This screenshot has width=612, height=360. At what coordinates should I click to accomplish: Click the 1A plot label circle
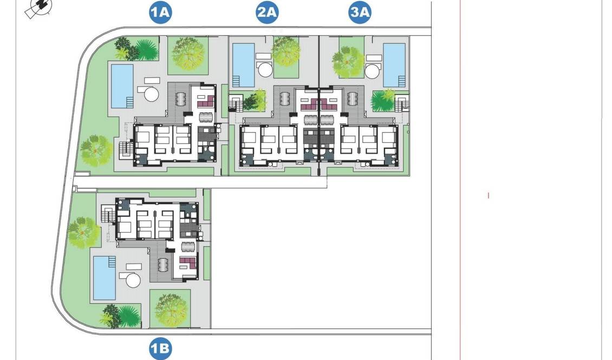160,13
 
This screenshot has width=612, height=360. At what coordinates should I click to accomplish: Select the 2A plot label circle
267,13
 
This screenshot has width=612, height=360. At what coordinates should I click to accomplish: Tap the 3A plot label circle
360,13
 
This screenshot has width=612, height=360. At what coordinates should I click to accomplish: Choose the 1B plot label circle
160,349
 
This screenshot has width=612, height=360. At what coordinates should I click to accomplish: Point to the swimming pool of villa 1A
122,86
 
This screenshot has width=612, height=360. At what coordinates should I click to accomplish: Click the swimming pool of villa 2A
243,65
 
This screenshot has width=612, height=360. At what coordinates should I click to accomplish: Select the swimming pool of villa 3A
394,65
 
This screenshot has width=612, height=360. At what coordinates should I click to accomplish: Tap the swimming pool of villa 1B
105,277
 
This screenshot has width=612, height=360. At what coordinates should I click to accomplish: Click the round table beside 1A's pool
151,94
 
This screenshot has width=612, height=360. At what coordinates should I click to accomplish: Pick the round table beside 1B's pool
133,280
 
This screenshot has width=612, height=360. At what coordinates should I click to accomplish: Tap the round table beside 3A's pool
373,70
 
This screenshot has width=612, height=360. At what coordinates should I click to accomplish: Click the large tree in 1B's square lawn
171,309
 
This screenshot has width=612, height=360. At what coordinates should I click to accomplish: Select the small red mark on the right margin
489,195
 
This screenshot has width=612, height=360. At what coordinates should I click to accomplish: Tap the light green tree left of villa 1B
84,232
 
